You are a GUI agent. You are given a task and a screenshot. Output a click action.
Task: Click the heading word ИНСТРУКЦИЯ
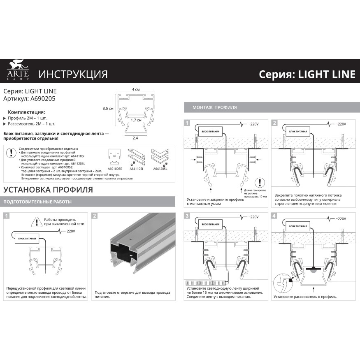[73, 74]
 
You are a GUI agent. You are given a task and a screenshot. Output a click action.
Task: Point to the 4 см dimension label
[136, 90]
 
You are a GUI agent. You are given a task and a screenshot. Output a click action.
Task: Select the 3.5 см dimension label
[108, 109]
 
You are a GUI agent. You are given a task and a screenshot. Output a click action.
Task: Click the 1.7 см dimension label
[136, 120]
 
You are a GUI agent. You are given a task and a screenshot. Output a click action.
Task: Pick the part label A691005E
[114, 168]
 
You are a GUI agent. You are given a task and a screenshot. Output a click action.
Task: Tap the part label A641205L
[160, 168]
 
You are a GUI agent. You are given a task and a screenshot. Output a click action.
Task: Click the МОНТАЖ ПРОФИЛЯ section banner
[214, 107]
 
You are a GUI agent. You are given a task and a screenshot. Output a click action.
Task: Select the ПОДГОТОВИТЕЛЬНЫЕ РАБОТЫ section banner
[37, 202]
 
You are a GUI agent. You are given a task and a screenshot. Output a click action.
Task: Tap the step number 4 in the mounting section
[274, 215]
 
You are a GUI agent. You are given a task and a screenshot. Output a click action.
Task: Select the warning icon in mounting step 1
[259, 183]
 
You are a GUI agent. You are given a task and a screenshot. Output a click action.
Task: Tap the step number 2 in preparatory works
[95, 216]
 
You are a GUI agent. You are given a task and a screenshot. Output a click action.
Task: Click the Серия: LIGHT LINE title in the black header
[307, 74]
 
